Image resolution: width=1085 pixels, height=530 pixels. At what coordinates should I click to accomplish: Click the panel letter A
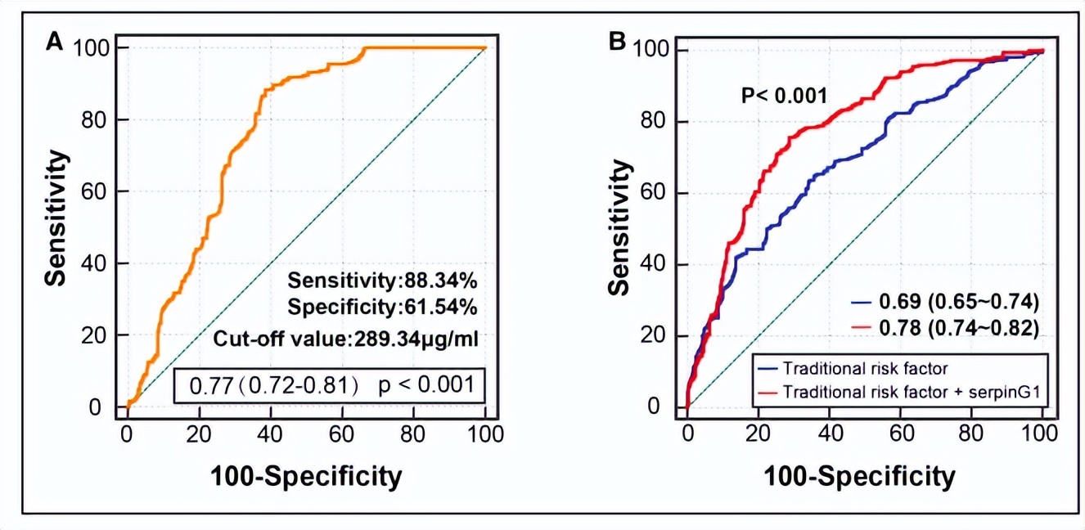(55, 42)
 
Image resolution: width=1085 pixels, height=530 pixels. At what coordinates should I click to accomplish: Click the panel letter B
(619, 42)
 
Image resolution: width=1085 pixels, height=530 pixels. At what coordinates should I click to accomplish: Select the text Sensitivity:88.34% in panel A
(383, 281)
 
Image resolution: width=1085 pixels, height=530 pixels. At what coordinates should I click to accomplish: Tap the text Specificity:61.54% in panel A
(383, 308)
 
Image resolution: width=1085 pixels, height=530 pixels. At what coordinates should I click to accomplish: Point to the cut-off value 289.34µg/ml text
(345, 338)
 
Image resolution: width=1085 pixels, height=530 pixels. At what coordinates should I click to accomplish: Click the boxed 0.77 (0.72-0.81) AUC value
(274, 384)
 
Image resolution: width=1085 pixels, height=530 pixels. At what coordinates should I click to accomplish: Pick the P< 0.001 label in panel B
(785, 96)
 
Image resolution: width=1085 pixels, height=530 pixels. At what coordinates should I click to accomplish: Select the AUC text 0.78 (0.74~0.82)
(958, 329)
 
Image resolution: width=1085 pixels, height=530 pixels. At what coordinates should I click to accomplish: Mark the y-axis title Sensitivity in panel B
(620, 227)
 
